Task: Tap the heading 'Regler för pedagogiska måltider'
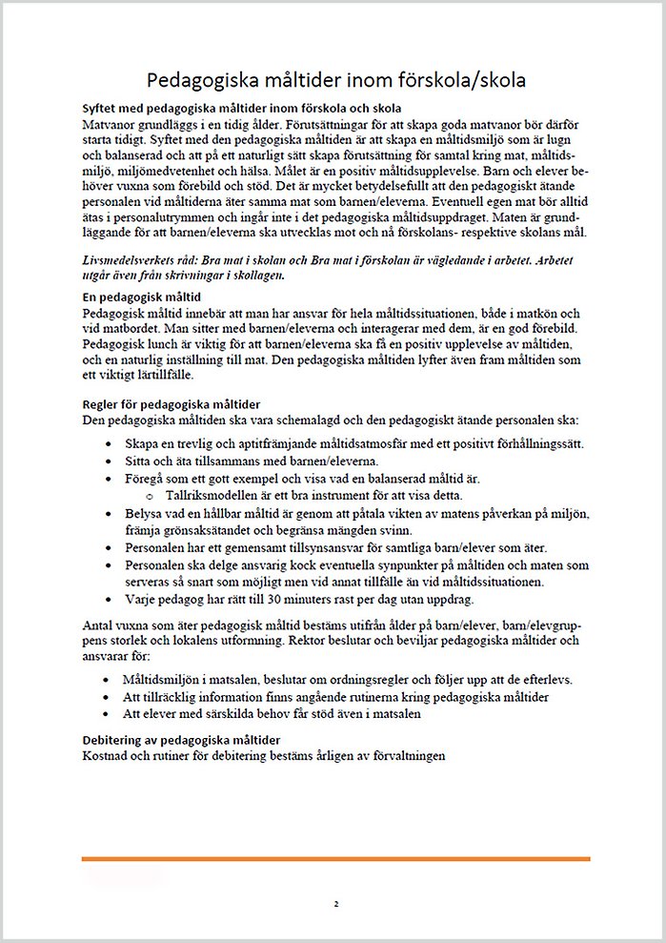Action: tap(172, 405)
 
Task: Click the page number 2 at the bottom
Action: tap(336, 903)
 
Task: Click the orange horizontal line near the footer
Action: tap(335, 858)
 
